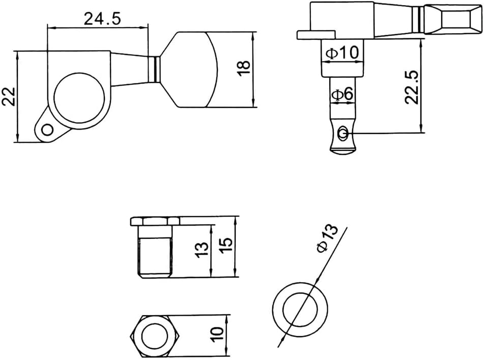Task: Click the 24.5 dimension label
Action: tap(102, 19)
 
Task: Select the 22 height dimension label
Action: tap(9, 97)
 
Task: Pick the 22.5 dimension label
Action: tap(412, 87)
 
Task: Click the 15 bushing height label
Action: tap(226, 245)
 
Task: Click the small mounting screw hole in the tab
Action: tap(47, 130)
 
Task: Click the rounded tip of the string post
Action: tap(343, 151)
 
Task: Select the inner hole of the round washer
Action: tap(300, 309)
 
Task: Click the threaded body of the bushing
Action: tap(155, 258)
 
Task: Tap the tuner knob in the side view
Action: tap(453, 19)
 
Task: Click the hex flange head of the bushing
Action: tap(155, 221)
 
